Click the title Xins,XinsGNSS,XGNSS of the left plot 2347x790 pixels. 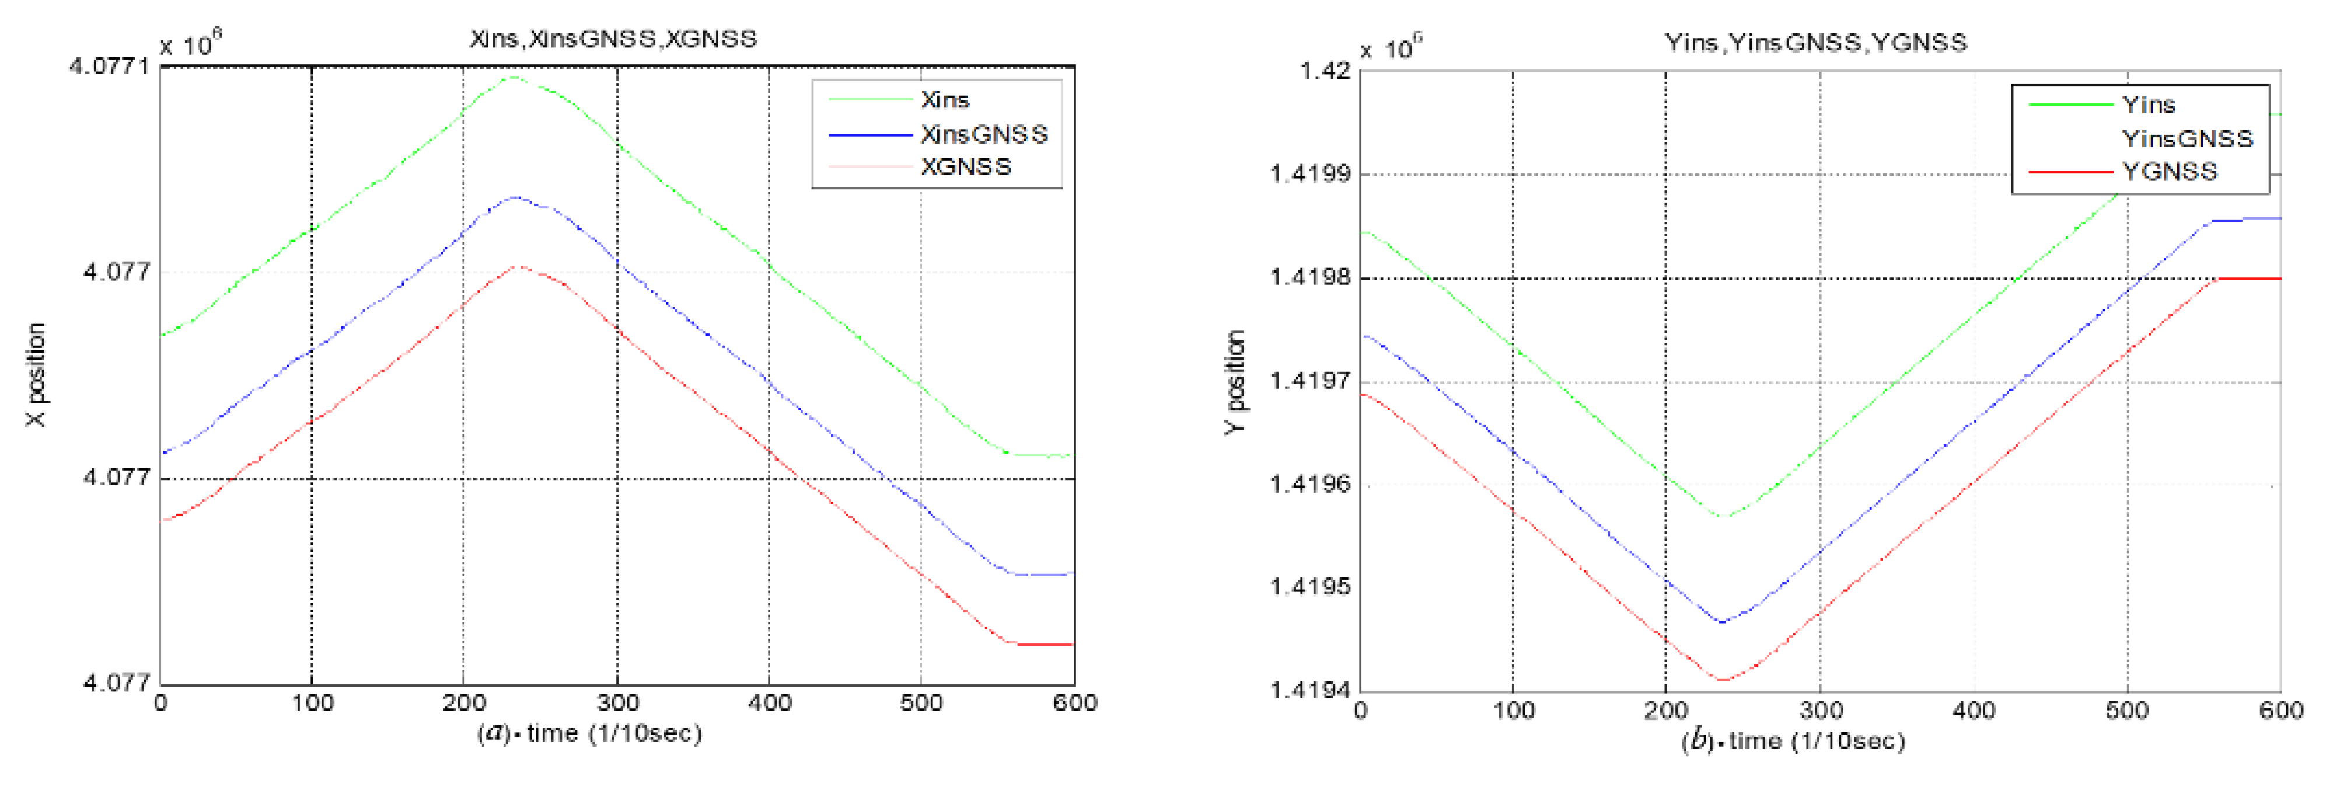click(612, 39)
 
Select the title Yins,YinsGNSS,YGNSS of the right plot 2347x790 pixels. click(1815, 43)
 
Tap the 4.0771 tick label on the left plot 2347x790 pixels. click(107, 67)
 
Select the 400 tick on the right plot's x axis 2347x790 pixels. click(1974, 711)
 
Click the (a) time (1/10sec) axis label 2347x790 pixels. click(589, 733)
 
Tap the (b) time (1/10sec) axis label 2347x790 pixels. click(1792, 741)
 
